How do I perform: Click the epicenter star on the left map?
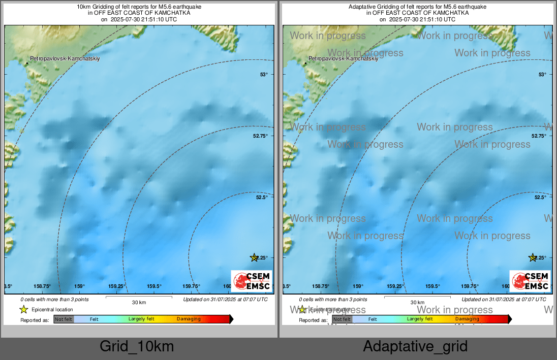(x=254, y=257)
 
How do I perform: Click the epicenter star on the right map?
(x=533, y=257)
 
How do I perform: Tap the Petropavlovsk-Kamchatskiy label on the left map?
(x=65, y=59)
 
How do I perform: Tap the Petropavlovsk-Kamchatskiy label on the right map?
(x=343, y=59)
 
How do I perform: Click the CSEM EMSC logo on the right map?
(x=530, y=281)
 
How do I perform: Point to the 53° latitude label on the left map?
(x=264, y=75)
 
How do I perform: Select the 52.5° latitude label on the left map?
(x=262, y=197)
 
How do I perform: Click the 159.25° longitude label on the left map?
(x=117, y=286)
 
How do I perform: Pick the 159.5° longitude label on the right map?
(x=432, y=286)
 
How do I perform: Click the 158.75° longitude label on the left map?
(x=43, y=286)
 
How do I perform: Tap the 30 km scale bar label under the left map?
(x=139, y=303)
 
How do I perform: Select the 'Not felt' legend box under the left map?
(x=64, y=319)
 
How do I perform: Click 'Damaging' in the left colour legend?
(x=189, y=319)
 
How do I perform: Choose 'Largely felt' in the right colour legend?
(x=420, y=319)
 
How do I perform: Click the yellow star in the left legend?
(x=23, y=309)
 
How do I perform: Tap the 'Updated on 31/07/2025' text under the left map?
(x=226, y=300)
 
